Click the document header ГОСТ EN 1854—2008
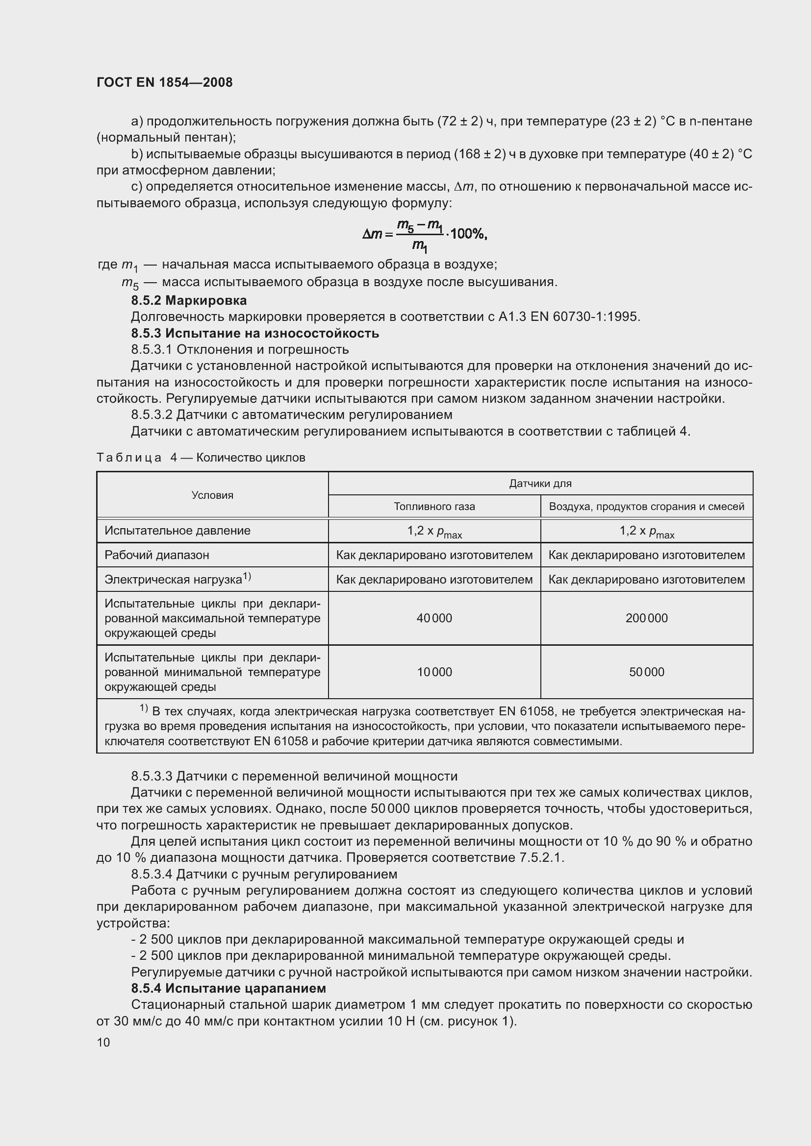pos(164,82)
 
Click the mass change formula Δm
pos(425,235)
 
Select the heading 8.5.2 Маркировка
pos(189,300)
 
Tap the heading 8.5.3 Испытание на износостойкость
pos(254,333)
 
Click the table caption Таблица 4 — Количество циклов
pos(201,457)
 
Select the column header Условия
pos(212,495)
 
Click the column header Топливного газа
pos(434,506)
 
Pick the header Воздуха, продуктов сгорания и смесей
pos(646,506)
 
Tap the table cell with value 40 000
pos(434,618)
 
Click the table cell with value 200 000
pos(646,618)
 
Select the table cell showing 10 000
pos(434,672)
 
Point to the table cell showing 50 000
pos(646,672)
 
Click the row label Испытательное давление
pos(177,531)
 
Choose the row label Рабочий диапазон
pos(156,555)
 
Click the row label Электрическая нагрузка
pos(173,580)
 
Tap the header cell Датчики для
pos(540,483)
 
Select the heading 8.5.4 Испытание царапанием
pos(228,988)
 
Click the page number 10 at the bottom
pos(103,1042)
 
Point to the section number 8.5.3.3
pos(152,776)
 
